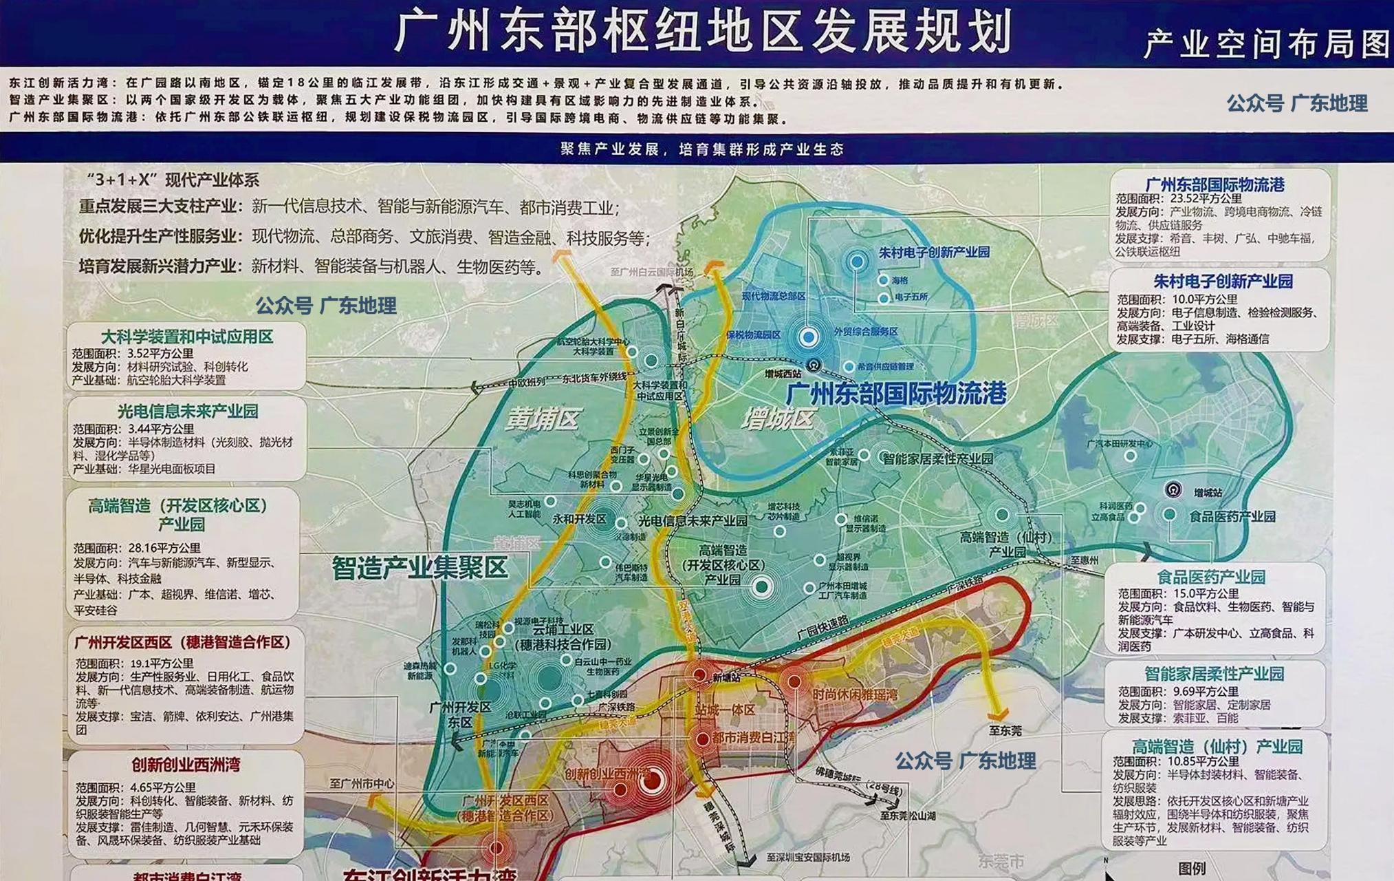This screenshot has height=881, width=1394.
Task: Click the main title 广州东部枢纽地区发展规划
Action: point(703,31)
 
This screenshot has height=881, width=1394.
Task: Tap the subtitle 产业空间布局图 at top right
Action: point(1266,44)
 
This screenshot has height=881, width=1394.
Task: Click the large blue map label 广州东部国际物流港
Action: point(895,394)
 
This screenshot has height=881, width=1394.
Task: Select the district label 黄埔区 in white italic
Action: point(543,418)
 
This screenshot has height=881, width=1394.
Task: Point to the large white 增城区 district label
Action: point(778,418)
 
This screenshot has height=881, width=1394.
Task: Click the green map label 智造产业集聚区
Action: point(419,568)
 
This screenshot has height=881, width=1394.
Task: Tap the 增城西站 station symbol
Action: point(814,365)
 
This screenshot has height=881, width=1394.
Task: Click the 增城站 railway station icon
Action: point(1173,490)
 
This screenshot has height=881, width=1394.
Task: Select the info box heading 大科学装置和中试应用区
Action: point(186,337)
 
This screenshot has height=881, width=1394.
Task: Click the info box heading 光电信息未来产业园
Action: point(187,412)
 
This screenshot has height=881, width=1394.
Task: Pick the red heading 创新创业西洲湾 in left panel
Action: point(186,765)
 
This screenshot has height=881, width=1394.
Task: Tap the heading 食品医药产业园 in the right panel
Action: point(1210,577)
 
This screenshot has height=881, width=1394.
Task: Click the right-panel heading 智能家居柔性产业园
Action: point(1214,674)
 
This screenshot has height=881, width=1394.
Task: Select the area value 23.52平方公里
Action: point(1206,198)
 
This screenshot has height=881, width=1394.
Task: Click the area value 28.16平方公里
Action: point(164,548)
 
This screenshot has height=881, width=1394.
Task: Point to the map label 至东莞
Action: point(1005,730)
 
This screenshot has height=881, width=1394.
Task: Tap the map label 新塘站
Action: point(726,678)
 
